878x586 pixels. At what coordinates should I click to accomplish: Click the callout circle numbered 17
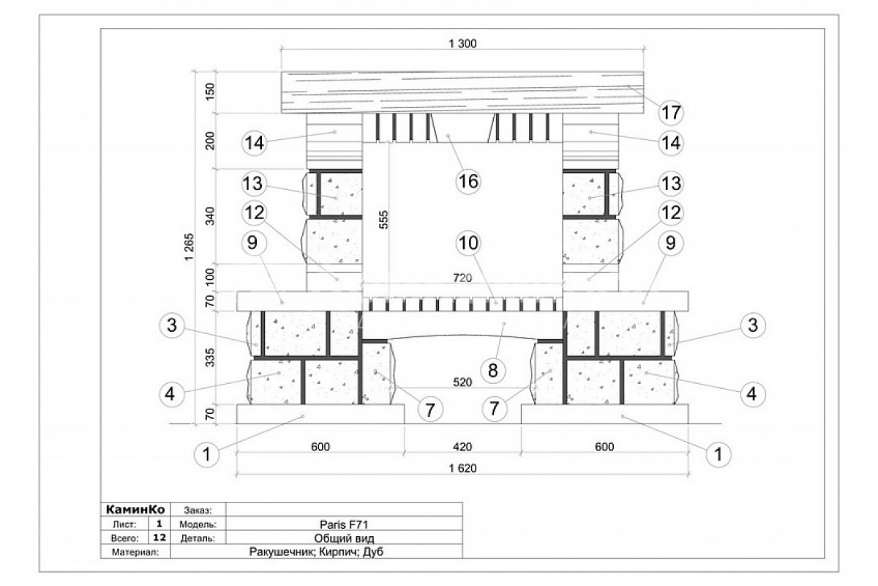tap(671, 113)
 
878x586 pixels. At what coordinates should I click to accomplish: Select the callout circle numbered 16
tap(468, 182)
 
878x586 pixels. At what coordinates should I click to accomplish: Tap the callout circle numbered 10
tap(468, 243)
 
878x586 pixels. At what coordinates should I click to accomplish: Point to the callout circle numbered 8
tap(492, 370)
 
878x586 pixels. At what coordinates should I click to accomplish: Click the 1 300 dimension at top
tap(462, 43)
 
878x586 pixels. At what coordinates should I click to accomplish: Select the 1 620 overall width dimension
tap(462, 468)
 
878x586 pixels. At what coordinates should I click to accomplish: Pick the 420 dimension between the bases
tap(462, 447)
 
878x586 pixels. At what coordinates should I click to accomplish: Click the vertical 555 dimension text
tap(384, 220)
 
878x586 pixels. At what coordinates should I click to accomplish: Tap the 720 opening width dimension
tap(462, 278)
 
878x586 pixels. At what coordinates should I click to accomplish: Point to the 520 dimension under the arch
tap(462, 382)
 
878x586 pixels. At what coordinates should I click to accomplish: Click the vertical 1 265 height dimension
tap(190, 247)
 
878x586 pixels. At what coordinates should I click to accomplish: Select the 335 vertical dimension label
tap(211, 357)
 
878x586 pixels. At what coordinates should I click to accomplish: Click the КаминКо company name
tap(135, 510)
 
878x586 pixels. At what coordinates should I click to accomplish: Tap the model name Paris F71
tap(344, 524)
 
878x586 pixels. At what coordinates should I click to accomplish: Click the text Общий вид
tap(344, 538)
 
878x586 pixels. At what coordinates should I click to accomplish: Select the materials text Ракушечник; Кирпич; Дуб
tap(316, 552)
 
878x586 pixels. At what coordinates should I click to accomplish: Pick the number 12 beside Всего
tap(160, 538)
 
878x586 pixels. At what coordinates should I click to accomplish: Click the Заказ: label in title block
tap(198, 511)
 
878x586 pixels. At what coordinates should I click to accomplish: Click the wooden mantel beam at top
tap(462, 92)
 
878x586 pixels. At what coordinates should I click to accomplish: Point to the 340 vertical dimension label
tap(211, 216)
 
